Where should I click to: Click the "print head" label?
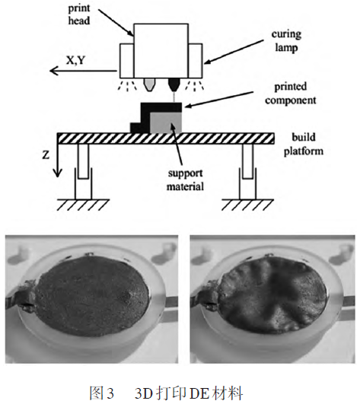(x=79, y=14)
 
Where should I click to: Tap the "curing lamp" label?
(x=286, y=41)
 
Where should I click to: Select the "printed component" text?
(x=291, y=94)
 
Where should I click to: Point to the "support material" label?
(x=185, y=180)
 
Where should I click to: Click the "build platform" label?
(x=304, y=144)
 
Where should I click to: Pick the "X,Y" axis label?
(x=76, y=60)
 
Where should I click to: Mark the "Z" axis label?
(x=46, y=155)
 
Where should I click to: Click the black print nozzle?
(x=174, y=84)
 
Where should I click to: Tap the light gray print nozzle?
(x=149, y=84)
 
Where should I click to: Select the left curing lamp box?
(x=127, y=61)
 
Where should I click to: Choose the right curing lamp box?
(x=196, y=61)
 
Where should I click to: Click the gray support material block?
(x=166, y=122)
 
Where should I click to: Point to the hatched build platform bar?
(x=166, y=138)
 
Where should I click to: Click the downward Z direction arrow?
(x=58, y=161)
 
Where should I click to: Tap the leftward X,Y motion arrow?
(x=83, y=71)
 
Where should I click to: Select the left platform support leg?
(x=83, y=172)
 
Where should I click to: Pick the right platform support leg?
(x=247, y=172)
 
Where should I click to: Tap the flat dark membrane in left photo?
(x=91, y=295)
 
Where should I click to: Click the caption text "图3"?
(x=101, y=393)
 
